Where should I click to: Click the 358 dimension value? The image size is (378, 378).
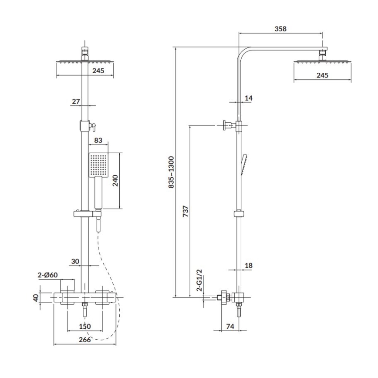(x=281, y=29)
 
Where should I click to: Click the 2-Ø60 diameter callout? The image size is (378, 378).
(x=47, y=275)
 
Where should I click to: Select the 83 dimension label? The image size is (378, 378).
(x=98, y=141)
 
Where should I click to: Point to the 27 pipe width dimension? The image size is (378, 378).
(x=76, y=101)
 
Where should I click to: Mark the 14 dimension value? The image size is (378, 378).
(x=249, y=98)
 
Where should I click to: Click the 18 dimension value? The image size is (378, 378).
(x=249, y=265)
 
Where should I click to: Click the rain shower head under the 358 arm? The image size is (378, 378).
(x=323, y=63)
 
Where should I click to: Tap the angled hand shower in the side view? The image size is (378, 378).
(x=243, y=165)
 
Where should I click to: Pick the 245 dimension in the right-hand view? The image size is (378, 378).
(x=322, y=75)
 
